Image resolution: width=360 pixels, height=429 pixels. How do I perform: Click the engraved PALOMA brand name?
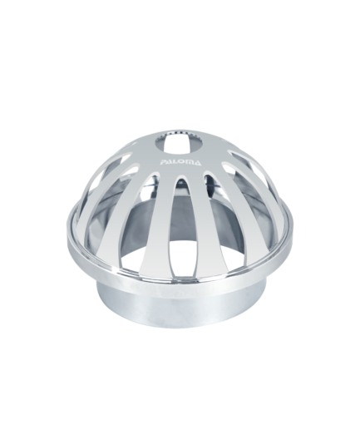[181, 162]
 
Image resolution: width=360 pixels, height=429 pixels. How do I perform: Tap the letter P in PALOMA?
[165, 163]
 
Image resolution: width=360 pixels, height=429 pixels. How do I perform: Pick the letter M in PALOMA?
[190, 162]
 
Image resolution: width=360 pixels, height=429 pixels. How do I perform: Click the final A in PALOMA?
[196, 163]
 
